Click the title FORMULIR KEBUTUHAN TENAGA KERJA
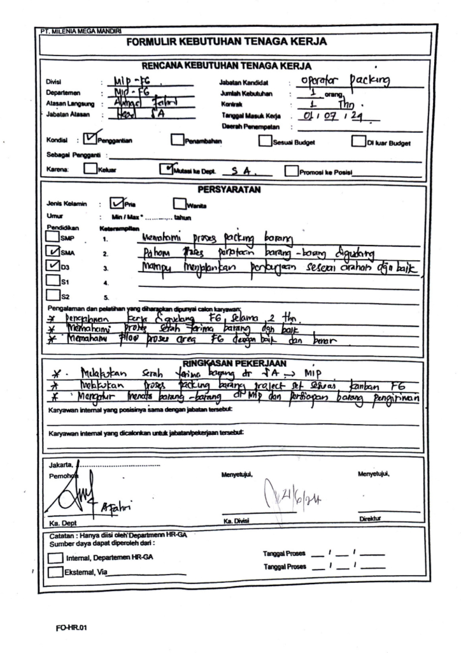[227, 43]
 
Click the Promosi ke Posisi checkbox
[291, 171]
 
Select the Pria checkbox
[117, 203]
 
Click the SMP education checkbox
[52, 238]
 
